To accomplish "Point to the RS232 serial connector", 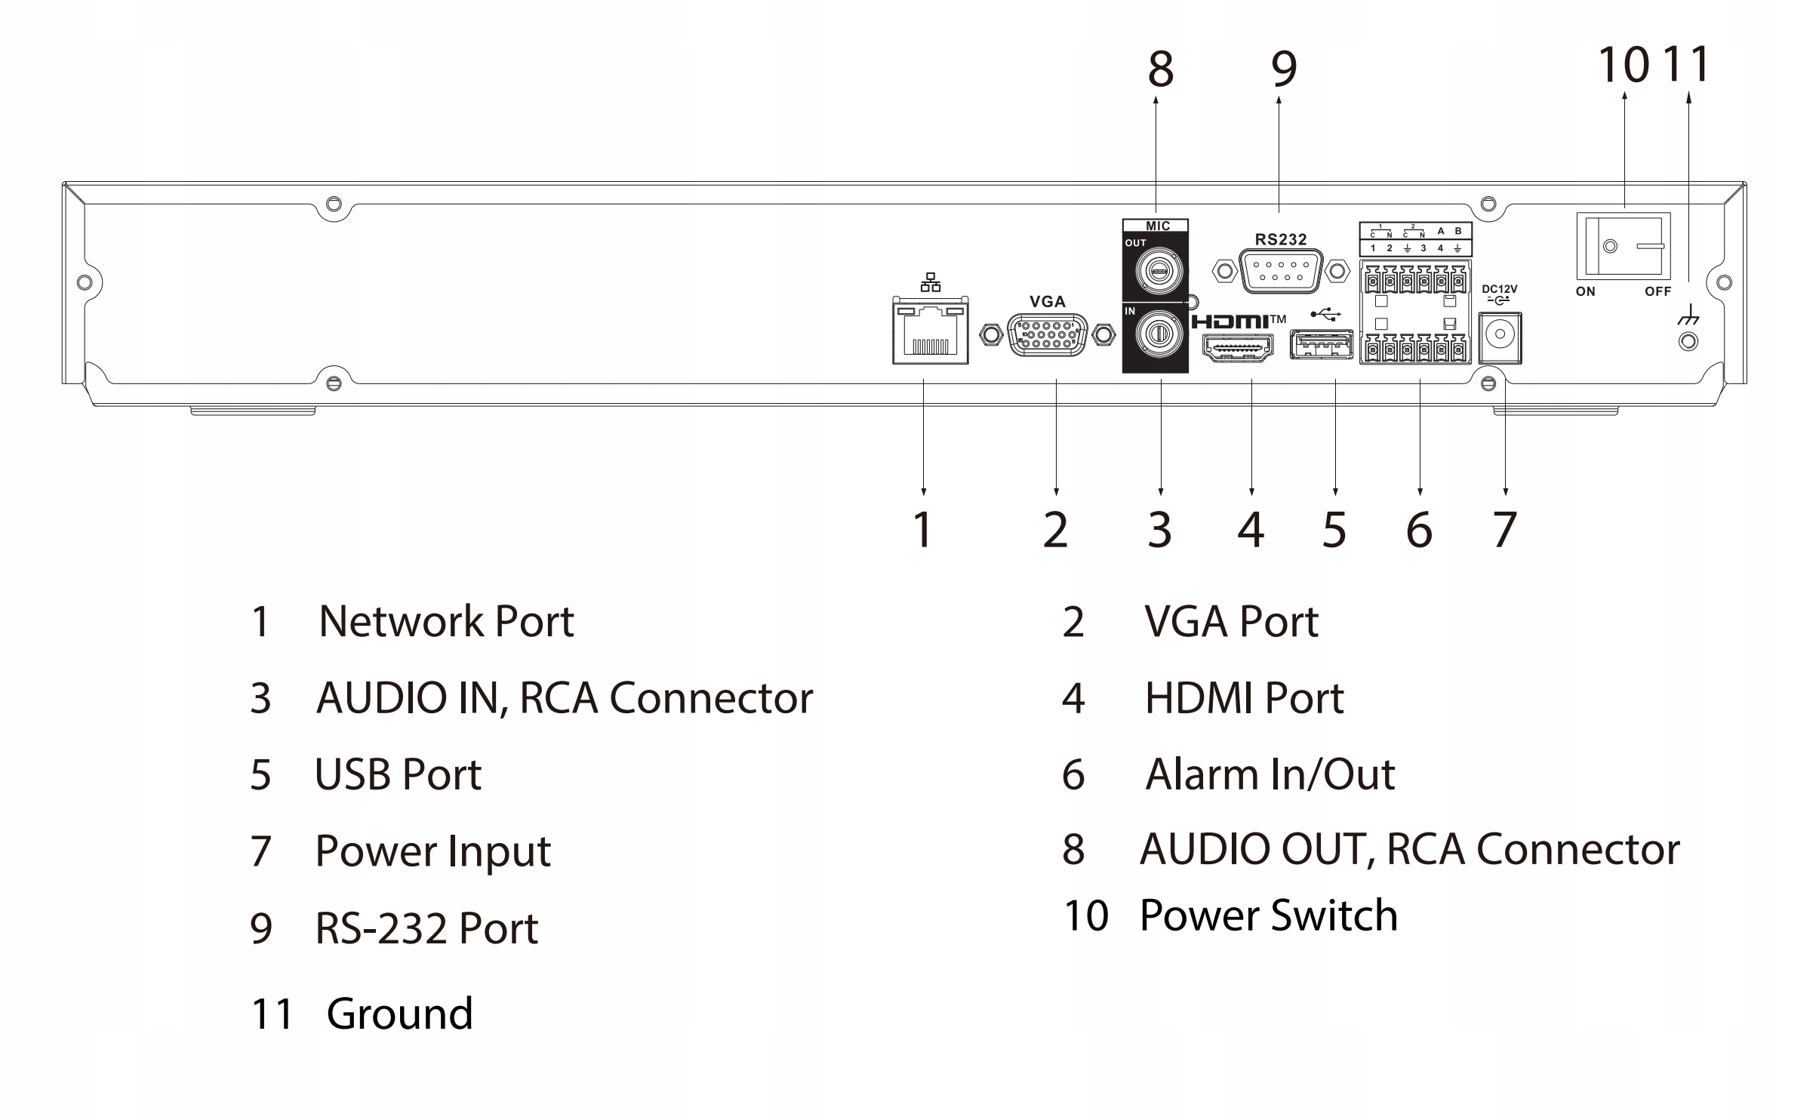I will (x=1281, y=270).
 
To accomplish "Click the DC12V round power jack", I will (x=1499, y=334).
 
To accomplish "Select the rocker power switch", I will (x=1623, y=246).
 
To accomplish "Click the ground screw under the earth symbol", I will (x=1688, y=342).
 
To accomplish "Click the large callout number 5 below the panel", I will (x=1334, y=530).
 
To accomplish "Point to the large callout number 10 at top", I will (x=1623, y=65).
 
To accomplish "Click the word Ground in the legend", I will (x=399, y=1014).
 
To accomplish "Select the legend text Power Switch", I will (x=1268, y=915).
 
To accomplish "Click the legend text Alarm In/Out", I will (x=1270, y=774).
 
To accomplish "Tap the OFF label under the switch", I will (x=1657, y=291).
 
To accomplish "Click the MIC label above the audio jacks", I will (x=1157, y=226).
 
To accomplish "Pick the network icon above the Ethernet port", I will (x=930, y=282).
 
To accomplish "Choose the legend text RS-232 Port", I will (x=426, y=928).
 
